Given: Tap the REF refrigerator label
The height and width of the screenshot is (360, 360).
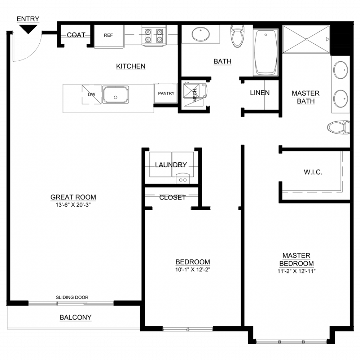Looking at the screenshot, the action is [108, 36].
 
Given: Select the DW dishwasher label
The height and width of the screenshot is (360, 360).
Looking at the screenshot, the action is [91, 94].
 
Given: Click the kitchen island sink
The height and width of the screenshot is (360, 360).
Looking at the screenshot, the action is [115, 95].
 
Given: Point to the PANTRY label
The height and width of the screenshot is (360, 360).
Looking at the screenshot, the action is [166, 94].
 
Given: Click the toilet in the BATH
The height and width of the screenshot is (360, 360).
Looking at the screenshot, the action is [237, 36].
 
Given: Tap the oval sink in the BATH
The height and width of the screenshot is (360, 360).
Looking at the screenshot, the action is [201, 34].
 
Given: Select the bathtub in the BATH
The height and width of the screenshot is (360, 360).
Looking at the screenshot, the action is [266, 53].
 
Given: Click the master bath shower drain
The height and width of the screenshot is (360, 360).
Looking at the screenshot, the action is [306, 39].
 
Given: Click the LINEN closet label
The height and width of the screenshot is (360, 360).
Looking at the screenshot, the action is [260, 93].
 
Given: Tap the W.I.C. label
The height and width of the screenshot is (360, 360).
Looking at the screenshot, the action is [313, 172].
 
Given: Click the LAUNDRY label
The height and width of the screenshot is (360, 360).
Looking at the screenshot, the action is [171, 165].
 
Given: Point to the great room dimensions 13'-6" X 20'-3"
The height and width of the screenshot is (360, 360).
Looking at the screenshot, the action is [73, 205].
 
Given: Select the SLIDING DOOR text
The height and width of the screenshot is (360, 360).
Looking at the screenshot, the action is [72, 297].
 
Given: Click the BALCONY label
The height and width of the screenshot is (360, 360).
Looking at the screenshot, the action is [76, 317].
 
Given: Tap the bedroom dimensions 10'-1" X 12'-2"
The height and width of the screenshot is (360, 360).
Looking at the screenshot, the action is [193, 270].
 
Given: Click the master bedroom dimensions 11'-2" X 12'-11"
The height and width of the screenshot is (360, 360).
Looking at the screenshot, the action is [296, 271].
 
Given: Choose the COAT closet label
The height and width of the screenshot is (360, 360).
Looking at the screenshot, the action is [76, 35].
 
